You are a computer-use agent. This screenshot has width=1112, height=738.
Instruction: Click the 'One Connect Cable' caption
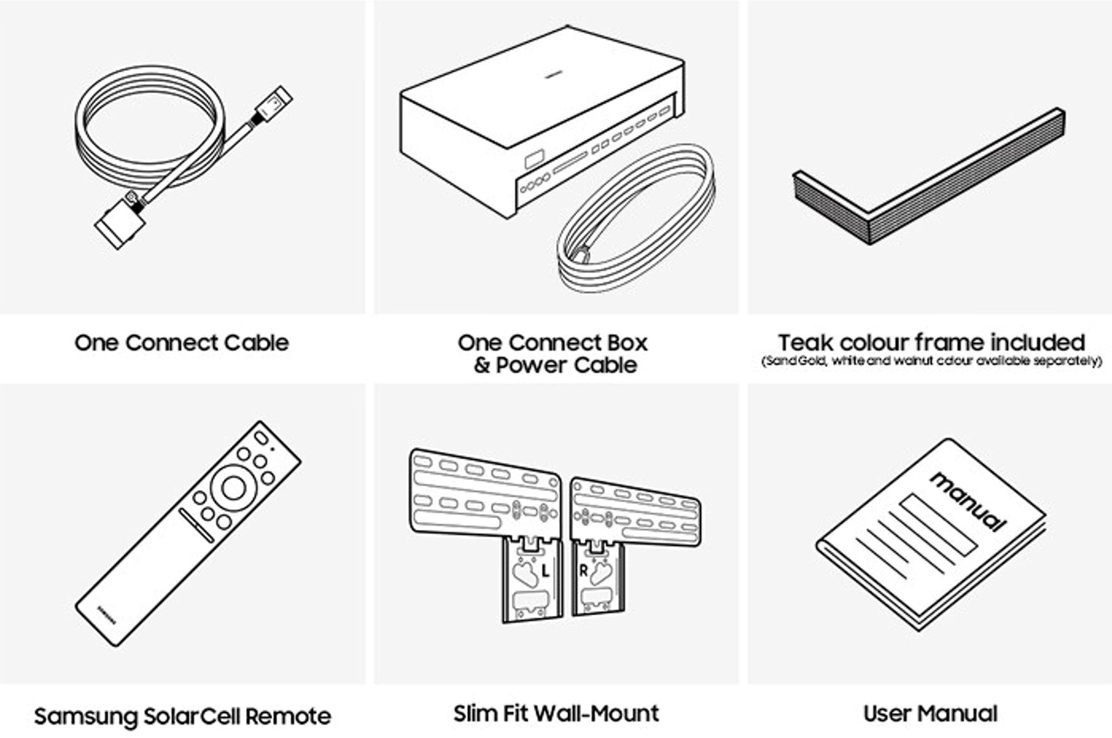click(181, 343)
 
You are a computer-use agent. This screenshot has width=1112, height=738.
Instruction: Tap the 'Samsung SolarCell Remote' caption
click(182, 716)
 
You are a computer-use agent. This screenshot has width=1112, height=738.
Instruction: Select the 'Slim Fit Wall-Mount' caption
click(556, 713)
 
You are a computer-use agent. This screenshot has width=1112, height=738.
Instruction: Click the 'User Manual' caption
click(930, 713)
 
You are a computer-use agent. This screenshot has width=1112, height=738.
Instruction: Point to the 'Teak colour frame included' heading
click(931, 342)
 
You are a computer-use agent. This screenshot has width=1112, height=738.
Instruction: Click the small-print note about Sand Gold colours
click(931, 361)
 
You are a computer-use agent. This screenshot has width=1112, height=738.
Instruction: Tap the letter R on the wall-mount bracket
click(584, 571)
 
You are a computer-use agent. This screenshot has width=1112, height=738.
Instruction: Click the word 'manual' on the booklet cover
click(969, 500)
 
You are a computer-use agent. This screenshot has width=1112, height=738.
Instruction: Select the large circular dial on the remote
click(233, 488)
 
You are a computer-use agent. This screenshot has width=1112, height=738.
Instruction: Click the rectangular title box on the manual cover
click(939, 525)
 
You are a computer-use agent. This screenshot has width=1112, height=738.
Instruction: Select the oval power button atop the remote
click(261, 437)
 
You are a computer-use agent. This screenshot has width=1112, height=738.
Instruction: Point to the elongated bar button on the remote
click(197, 526)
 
